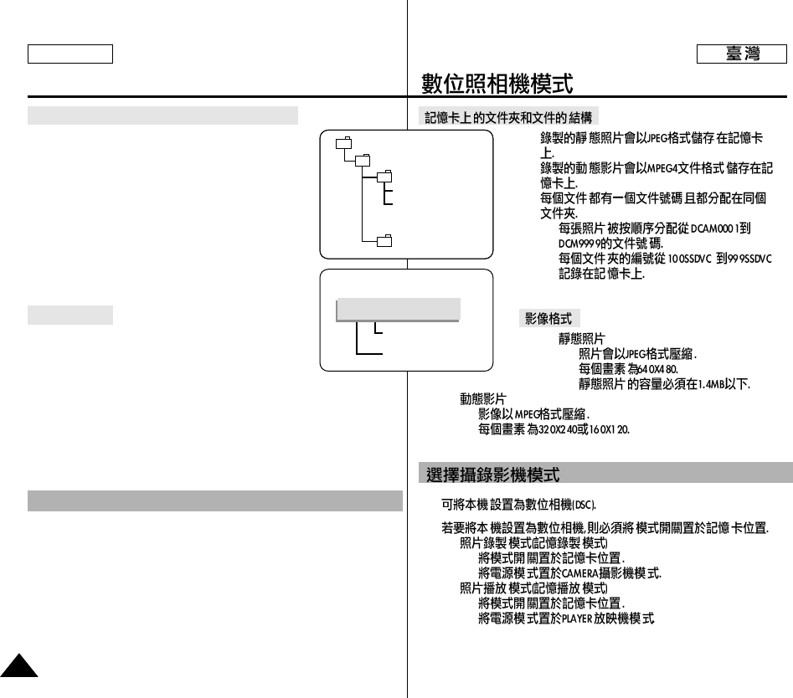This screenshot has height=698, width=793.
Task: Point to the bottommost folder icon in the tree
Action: tap(384, 242)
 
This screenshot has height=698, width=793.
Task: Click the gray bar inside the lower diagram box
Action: tap(398, 309)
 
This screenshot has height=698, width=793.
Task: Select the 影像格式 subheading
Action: tap(548, 319)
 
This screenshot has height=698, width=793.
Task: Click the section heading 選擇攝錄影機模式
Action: tap(492, 475)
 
